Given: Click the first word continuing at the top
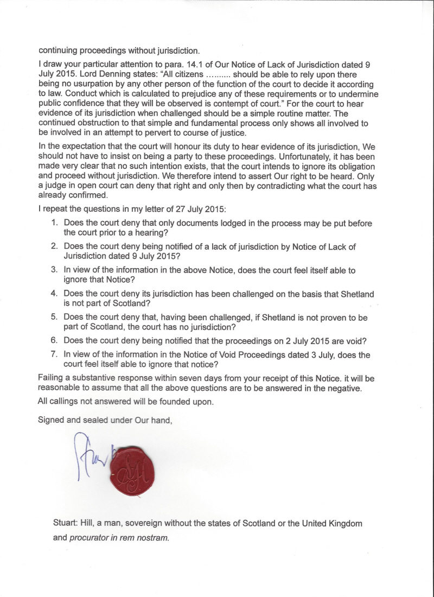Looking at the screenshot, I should click(60, 51).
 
